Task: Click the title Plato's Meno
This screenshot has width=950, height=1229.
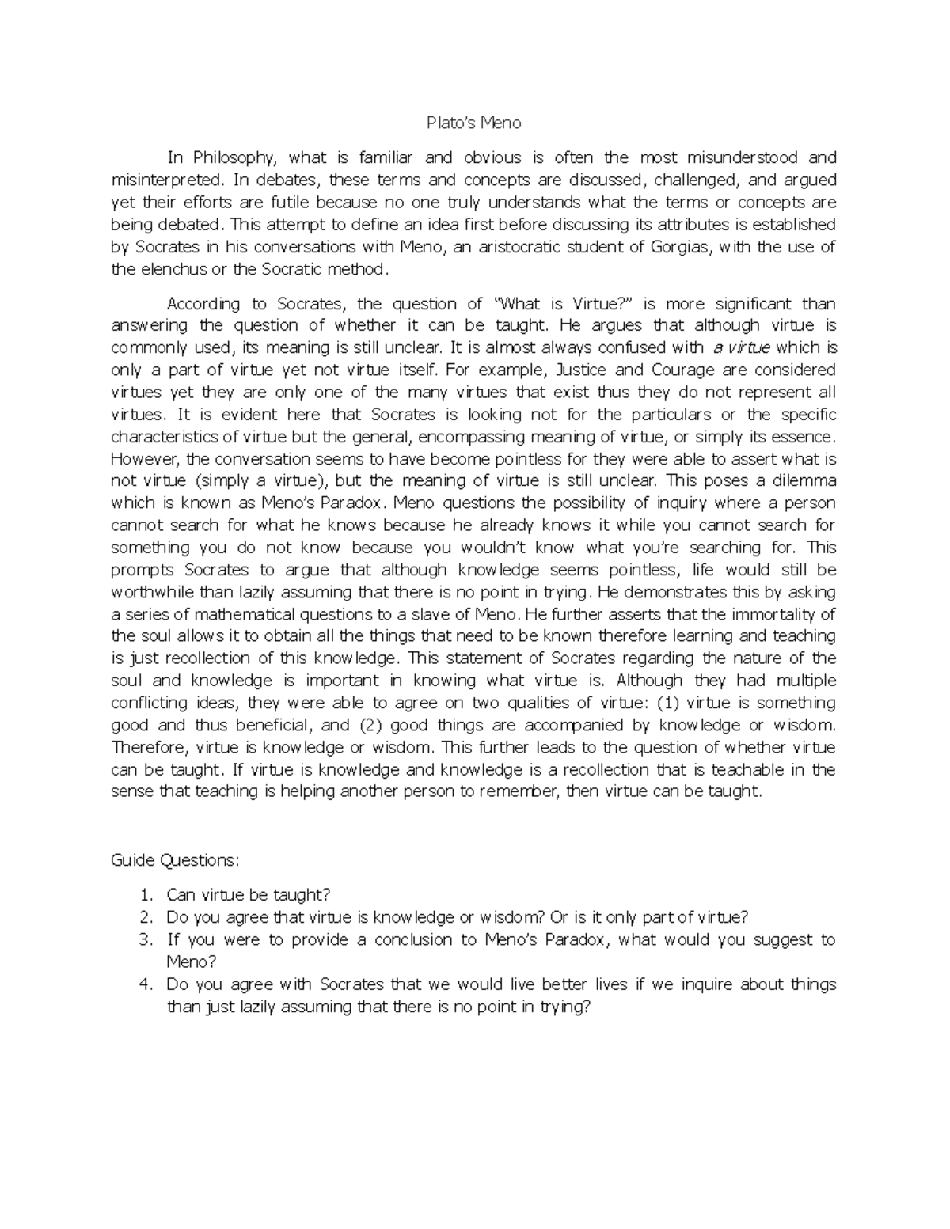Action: [473, 123]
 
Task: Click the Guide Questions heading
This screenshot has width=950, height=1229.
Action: [174, 860]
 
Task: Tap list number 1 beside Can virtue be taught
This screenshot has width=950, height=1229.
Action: [145, 895]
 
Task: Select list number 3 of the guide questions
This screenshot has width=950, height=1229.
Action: [145, 939]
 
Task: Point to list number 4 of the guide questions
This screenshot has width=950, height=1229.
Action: [145, 984]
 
